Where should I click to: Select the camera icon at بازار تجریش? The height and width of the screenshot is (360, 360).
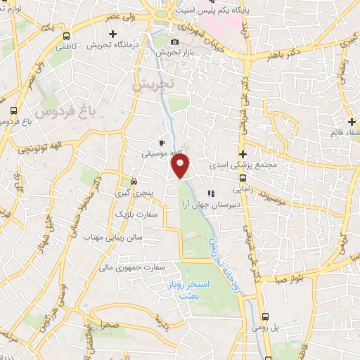174,41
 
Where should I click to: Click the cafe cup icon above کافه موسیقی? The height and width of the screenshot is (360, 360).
162,143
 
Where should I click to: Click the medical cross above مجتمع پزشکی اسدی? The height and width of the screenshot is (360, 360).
243,154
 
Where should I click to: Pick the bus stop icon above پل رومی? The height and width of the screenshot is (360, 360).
266,317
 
